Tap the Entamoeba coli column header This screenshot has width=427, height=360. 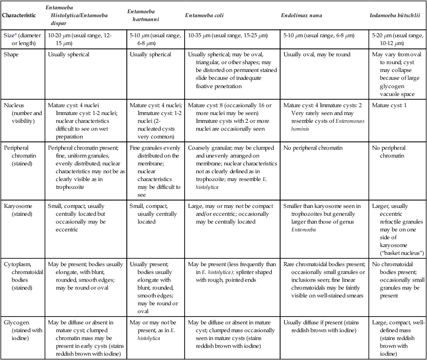211,15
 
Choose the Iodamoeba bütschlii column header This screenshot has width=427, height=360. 396,15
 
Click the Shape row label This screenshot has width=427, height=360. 10,55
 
